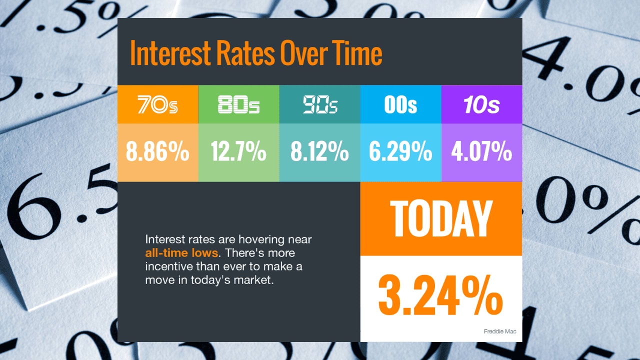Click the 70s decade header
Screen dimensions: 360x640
(x=157, y=105)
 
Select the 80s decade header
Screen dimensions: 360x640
(x=238, y=105)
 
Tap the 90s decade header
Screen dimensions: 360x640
(x=320, y=105)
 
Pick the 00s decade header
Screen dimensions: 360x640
(x=400, y=105)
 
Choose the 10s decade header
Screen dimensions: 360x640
(x=481, y=105)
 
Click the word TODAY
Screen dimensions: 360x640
(x=441, y=218)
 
